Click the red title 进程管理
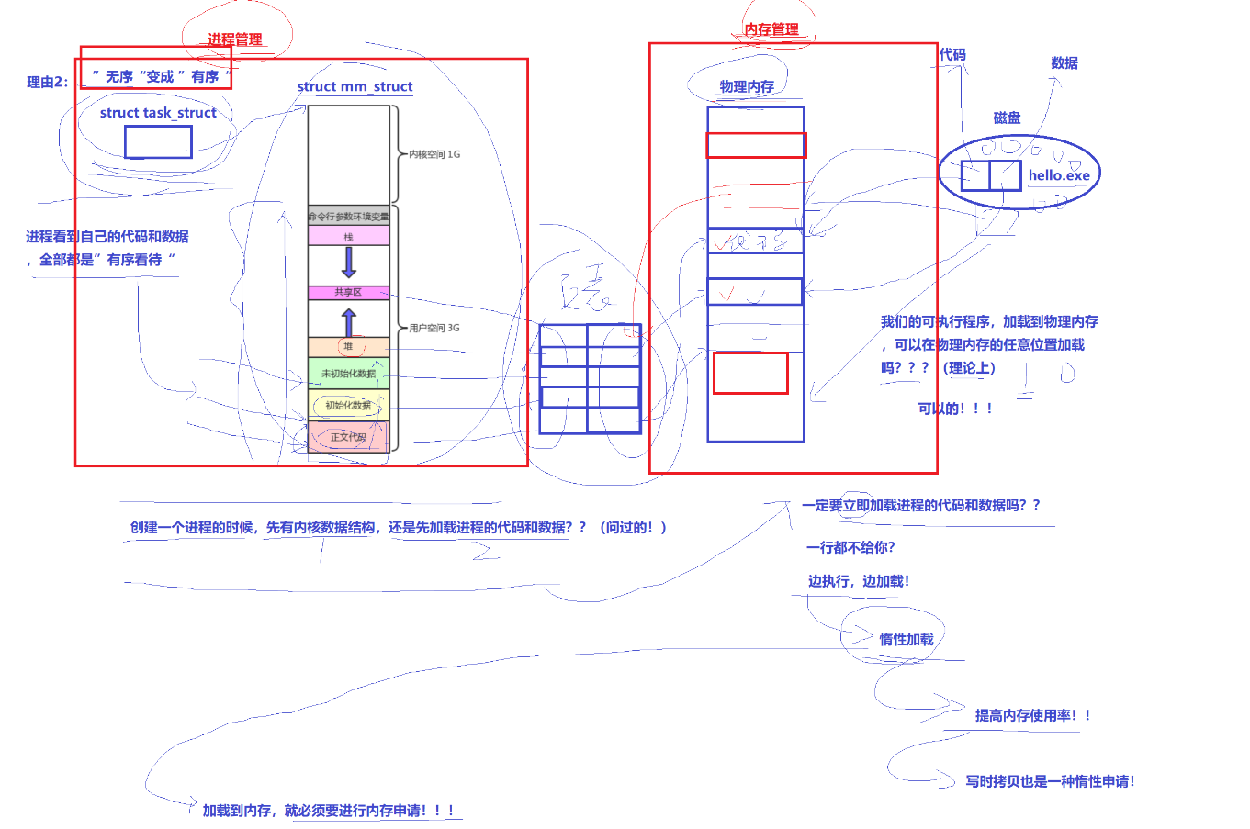tap(234, 39)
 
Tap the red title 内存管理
tap(771, 29)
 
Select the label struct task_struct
tap(158, 113)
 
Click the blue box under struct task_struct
tap(158, 142)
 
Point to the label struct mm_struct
tap(355, 86)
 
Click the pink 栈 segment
tap(348, 237)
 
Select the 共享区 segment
tap(348, 292)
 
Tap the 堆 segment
tap(348, 346)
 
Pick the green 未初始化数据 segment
tap(348, 373)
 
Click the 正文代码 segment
tap(348, 437)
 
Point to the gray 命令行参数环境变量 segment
tap(348, 217)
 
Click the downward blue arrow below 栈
tap(348, 263)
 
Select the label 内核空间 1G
tap(434, 154)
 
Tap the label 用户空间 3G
tap(434, 328)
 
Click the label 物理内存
tap(747, 86)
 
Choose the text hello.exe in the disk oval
tap(1059, 175)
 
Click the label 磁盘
tap(1007, 118)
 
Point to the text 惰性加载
tap(906, 639)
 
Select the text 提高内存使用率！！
tap(1032, 715)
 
